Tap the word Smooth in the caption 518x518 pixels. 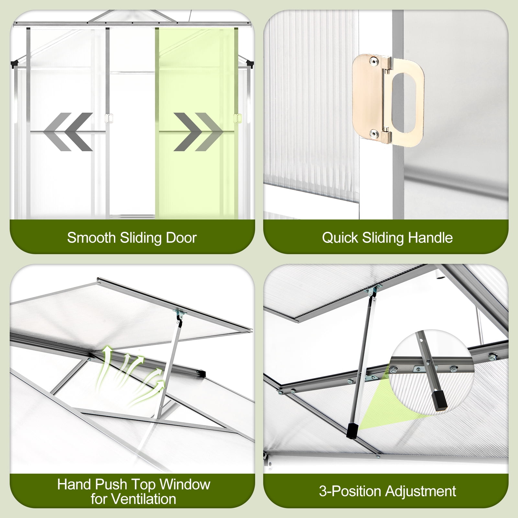click(91, 238)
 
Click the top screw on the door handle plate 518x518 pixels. click(375, 61)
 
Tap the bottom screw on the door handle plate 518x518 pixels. click(375, 133)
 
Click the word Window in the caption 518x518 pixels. click(185, 484)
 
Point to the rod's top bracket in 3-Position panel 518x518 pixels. click(374, 291)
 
